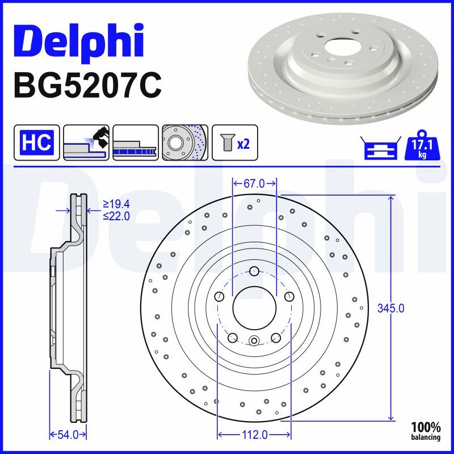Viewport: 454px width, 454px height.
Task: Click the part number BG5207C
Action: click(87, 86)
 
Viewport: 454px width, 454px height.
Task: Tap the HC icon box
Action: click(37, 142)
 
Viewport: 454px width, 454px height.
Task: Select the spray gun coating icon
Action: click(86, 142)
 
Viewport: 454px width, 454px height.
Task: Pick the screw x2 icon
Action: click(234, 142)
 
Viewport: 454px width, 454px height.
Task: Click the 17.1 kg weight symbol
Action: click(422, 145)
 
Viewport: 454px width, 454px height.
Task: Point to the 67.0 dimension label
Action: click(254, 183)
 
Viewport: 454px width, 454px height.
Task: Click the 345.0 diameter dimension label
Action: click(390, 308)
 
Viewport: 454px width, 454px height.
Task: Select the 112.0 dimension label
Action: click(254, 435)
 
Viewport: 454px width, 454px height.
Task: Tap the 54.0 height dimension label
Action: click(68, 435)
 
